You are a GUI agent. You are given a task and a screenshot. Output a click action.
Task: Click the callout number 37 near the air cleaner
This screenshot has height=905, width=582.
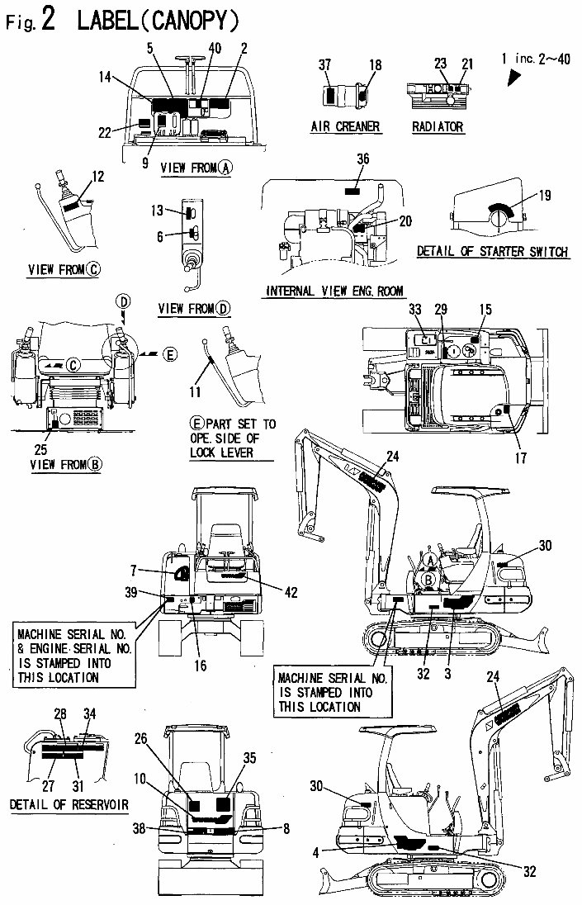[325, 64]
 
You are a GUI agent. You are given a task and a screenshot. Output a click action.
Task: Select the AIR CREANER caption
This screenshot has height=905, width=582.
[345, 126]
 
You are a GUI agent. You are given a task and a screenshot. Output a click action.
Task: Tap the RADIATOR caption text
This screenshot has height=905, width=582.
[437, 127]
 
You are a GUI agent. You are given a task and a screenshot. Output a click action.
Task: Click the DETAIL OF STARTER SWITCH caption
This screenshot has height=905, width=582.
[492, 252]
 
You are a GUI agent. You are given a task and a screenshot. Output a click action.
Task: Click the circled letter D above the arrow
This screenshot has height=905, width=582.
[122, 303]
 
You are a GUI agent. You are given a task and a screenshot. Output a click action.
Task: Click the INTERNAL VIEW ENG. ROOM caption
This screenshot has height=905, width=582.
[329, 291]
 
